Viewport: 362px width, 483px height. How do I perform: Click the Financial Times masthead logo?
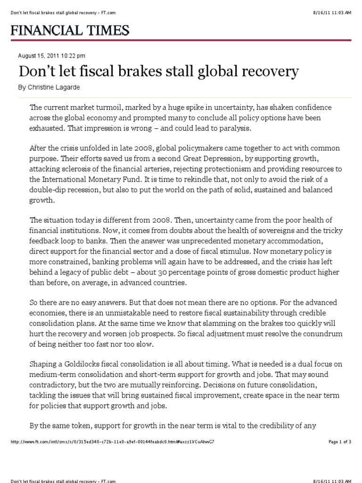pos(70,31)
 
